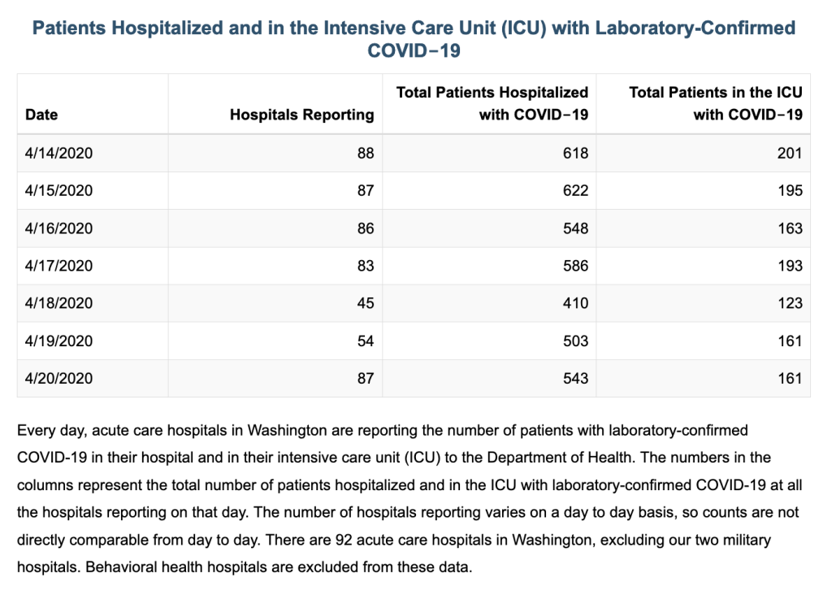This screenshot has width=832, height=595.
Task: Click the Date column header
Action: [41, 115]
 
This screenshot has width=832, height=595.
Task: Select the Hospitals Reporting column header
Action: [302, 115]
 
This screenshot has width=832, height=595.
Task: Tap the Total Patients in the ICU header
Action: [716, 103]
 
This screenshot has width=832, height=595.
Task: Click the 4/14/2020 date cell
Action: [58, 154]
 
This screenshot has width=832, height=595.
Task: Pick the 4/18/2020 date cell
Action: [58, 303]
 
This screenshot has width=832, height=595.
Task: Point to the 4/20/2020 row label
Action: [58, 379]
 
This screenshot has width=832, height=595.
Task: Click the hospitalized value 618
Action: [576, 154]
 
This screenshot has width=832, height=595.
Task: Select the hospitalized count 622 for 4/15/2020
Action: [576, 190]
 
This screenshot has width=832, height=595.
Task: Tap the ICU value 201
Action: [790, 154]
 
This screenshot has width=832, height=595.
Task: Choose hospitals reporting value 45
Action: [366, 303]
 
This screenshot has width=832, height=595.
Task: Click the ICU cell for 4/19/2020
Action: [790, 341]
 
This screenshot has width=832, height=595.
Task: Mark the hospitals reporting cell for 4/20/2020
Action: [366, 379]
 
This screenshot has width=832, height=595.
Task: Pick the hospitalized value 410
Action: [576, 303]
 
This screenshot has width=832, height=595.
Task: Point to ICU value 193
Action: [790, 266]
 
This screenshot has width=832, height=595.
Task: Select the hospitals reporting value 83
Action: [366, 266]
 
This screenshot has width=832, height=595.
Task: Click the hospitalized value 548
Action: [576, 228]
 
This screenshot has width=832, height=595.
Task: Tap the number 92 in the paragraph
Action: [344, 541]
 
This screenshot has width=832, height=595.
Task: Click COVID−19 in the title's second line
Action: [414, 51]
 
